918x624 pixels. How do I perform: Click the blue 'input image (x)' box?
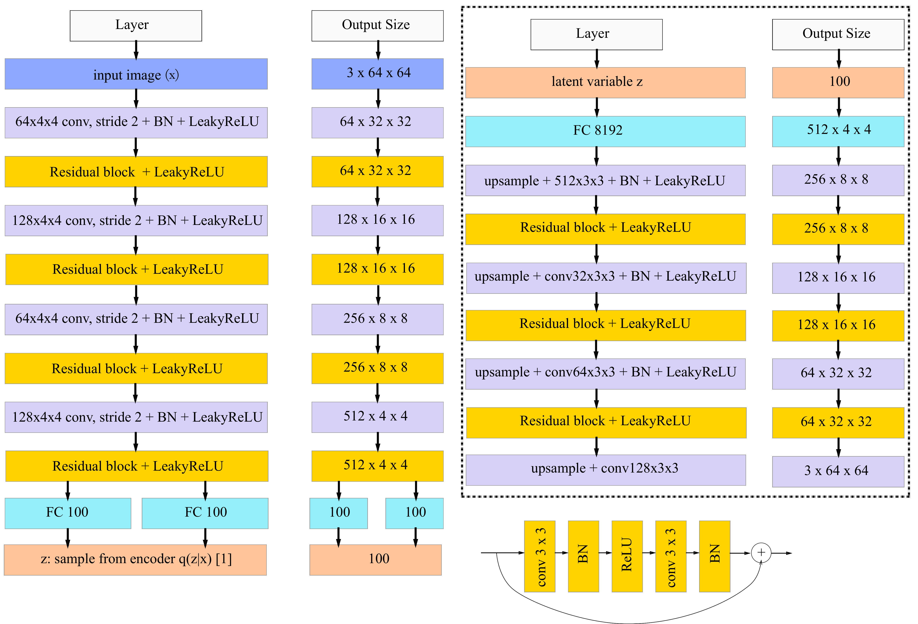tap(136, 74)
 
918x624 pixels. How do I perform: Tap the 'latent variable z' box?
tap(605, 83)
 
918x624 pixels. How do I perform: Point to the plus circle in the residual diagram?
tap(761, 552)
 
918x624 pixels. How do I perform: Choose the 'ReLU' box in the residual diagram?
tap(627, 556)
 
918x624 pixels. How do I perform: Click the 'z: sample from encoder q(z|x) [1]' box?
tap(135, 560)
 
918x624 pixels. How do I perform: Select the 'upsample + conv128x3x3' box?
tap(606, 470)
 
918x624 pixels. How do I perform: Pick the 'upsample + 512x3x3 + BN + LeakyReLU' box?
tap(605, 180)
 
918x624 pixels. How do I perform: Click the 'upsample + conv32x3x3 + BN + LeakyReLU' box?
tap(606, 278)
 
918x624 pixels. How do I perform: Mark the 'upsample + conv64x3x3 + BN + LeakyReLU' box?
tap(605, 374)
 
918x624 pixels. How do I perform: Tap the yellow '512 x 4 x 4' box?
tap(377, 466)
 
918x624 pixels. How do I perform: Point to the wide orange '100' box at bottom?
tap(375, 560)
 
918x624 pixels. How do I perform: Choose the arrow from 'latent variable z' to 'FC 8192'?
tap(597, 107)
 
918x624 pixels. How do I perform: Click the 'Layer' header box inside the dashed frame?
tap(596, 34)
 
